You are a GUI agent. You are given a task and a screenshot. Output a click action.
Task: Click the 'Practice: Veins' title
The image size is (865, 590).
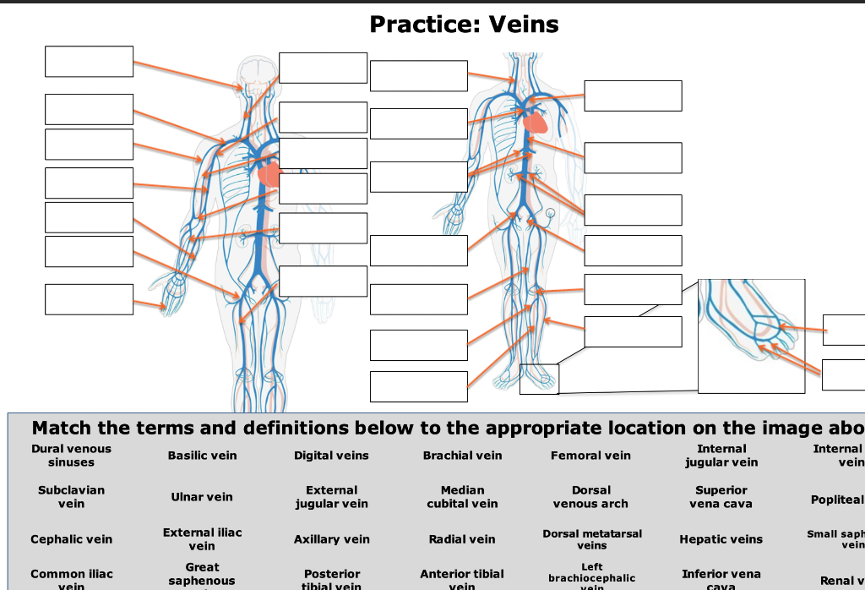point(464,25)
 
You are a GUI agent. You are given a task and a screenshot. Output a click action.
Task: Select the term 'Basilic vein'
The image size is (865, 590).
point(202,456)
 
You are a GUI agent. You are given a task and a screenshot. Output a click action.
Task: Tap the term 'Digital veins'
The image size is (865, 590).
point(331,456)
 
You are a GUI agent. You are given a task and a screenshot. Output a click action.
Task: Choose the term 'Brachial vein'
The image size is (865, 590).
point(462,456)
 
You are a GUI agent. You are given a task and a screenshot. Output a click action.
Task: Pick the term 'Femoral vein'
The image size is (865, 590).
point(590,456)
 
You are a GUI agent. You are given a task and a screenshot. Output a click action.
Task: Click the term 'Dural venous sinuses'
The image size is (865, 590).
point(71,456)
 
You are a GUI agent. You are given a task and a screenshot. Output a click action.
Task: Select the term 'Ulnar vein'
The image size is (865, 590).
point(202,497)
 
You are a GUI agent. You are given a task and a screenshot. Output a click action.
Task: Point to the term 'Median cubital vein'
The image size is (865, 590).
point(462,497)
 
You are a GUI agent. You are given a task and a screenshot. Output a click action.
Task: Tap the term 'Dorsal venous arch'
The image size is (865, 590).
point(590,497)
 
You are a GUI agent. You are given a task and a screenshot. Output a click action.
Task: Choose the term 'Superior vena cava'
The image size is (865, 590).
point(721,497)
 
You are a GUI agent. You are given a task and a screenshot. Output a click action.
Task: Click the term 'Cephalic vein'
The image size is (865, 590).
point(71,539)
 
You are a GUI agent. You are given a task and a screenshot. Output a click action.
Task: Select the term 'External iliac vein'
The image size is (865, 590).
point(202,539)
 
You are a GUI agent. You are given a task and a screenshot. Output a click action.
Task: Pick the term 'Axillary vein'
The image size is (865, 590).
point(331,539)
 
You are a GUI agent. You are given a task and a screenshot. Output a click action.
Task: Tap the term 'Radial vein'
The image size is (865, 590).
point(462,539)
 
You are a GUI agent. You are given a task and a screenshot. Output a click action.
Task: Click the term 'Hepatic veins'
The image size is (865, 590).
point(721,539)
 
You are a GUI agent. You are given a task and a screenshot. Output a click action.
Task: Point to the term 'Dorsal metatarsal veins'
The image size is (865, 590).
point(591,539)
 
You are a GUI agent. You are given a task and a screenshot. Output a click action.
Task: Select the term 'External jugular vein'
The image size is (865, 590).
point(331,497)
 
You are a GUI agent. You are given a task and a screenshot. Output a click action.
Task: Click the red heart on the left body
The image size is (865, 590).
point(269,175)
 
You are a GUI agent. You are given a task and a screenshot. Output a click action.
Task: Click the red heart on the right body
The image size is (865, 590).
point(536,123)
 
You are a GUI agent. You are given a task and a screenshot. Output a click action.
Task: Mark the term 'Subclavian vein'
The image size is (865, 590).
point(71,497)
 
